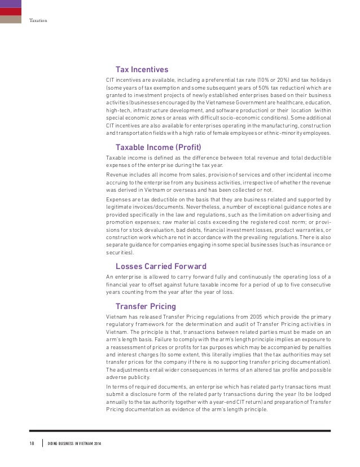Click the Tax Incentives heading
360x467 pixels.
(x=142, y=70)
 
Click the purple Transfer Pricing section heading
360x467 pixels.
(x=146, y=306)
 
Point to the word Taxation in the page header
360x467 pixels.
(x=38, y=21)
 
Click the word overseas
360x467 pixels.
(x=170, y=190)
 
